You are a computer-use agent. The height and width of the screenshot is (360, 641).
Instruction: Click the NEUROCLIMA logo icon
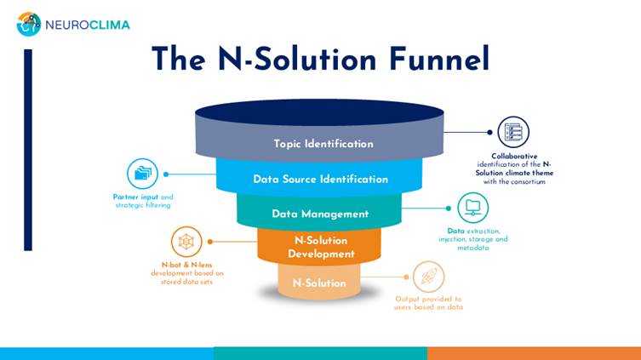click(28, 24)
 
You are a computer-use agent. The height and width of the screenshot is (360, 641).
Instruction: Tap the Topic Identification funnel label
click(323, 144)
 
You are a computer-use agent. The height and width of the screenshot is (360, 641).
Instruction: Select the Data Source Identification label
click(320, 180)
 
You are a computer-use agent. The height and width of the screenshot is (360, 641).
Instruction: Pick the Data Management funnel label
click(320, 214)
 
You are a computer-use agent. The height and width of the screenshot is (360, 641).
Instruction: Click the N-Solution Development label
click(320, 247)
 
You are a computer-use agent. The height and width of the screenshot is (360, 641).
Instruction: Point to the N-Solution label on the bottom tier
click(319, 283)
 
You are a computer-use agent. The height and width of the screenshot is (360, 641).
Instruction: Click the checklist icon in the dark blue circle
click(512, 132)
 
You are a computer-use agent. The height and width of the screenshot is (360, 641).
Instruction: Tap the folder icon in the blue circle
click(142, 174)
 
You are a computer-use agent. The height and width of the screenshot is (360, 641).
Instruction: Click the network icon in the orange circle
click(186, 242)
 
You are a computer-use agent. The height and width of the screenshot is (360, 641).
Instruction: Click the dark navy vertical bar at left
click(28, 149)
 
